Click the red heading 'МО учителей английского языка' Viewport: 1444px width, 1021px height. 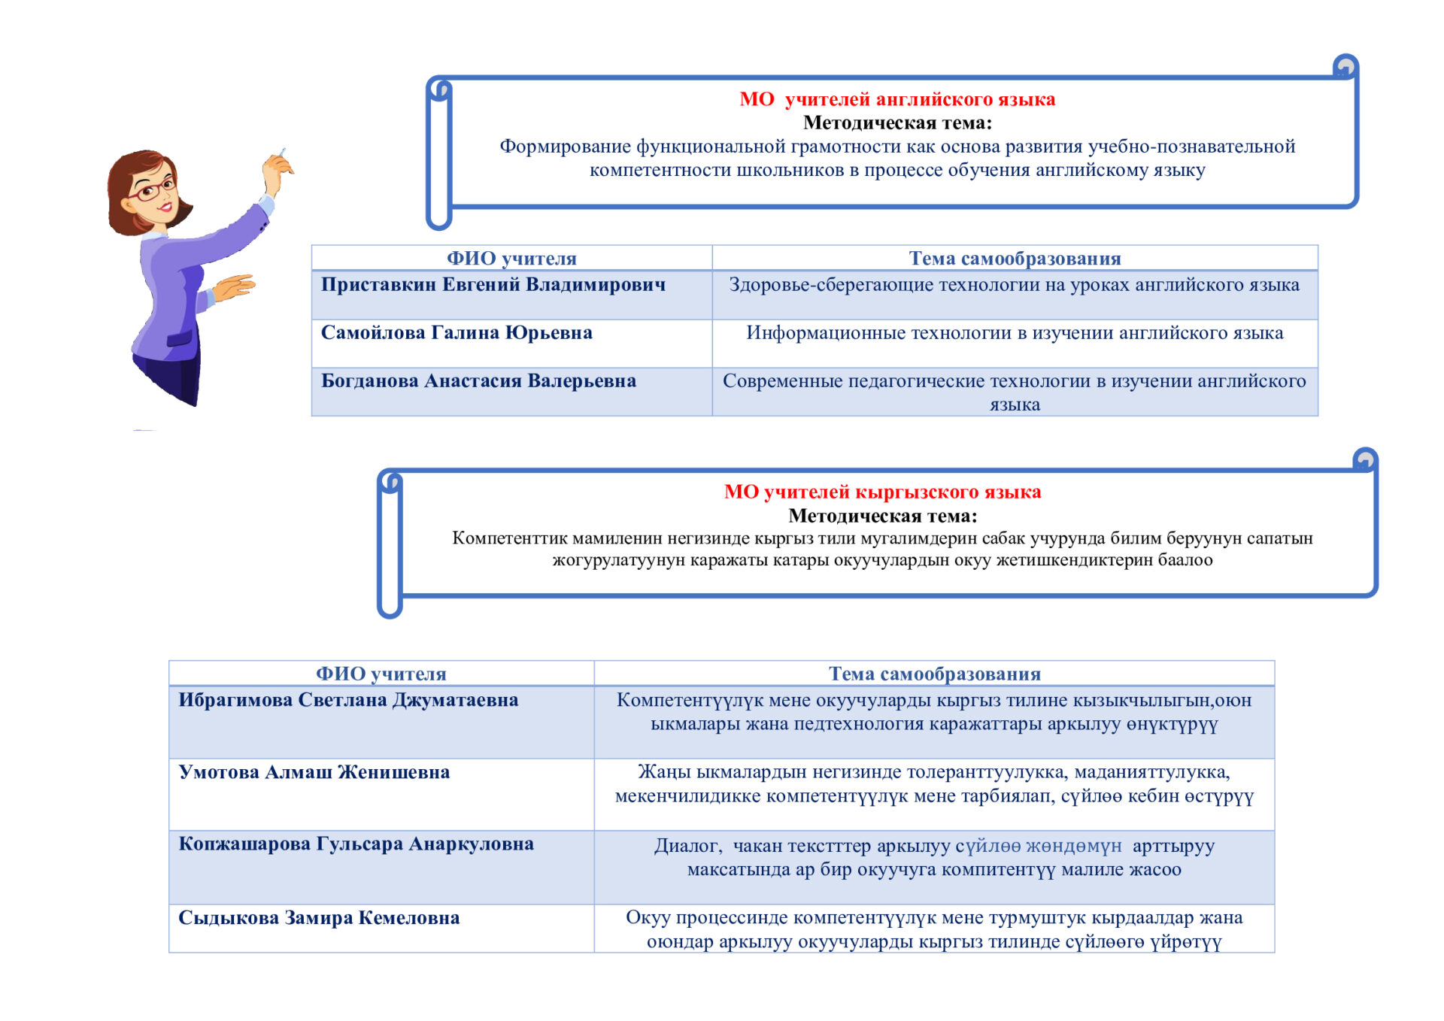[897, 99]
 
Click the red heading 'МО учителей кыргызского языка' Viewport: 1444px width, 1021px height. [882, 492]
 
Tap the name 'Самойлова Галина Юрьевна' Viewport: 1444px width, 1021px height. [457, 333]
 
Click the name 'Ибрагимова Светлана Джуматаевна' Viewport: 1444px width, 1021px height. [348, 701]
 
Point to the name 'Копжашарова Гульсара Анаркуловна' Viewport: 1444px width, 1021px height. [356, 844]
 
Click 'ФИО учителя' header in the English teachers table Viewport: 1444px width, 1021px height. [511, 259]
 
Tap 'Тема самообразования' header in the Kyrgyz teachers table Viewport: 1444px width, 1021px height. [935, 674]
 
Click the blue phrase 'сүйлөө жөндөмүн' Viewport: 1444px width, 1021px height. [1039, 846]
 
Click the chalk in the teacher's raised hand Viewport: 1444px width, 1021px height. [282, 153]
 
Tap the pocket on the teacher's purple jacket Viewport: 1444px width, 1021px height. [179, 340]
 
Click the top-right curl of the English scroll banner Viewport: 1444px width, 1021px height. [1345, 66]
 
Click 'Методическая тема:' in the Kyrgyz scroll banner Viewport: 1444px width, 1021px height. [882, 516]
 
